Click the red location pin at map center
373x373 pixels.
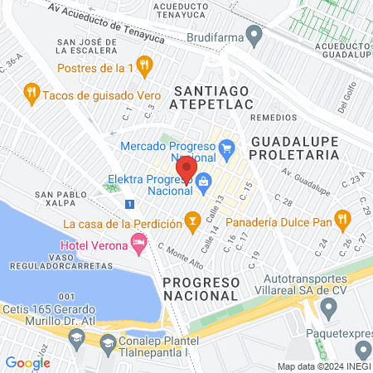(x=186, y=168)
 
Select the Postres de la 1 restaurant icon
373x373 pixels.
(x=144, y=65)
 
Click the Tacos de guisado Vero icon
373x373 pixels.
(x=31, y=92)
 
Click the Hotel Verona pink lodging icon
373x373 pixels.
(x=138, y=243)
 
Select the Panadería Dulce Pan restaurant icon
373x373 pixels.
(x=342, y=220)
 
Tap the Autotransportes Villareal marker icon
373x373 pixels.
(x=328, y=311)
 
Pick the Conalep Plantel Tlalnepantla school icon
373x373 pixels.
(x=107, y=342)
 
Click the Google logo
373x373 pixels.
(x=27, y=362)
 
